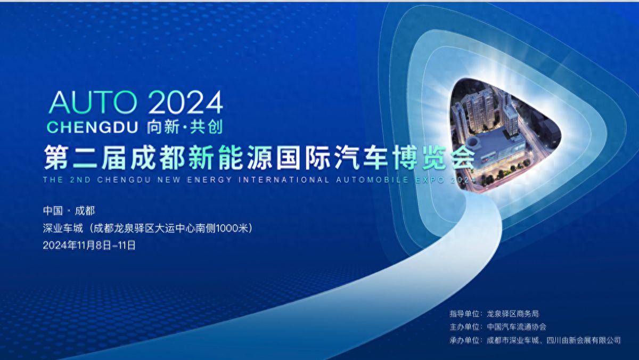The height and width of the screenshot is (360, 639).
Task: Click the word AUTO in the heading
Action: pyautogui.click(x=93, y=102)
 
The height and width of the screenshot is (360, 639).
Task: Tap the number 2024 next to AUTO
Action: pyautogui.click(x=185, y=102)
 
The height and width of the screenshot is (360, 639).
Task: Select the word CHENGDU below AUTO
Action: pyautogui.click(x=93, y=127)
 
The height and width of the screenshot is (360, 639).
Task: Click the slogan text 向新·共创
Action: pyautogui.click(x=185, y=127)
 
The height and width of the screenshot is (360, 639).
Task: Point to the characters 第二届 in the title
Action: pyautogui.click(x=85, y=158)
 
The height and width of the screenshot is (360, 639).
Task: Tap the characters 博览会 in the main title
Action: pyautogui.click(x=433, y=158)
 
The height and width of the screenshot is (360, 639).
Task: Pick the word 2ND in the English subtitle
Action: pyautogui.click(x=80, y=180)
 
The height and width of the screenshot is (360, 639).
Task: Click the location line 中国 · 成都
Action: pyautogui.click(x=69, y=211)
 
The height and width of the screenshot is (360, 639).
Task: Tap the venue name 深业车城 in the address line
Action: pyautogui.click(x=63, y=228)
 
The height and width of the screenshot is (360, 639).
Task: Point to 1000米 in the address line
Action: pyautogui.click(x=232, y=228)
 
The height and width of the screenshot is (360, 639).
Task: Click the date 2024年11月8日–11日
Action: pyautogui.click(x=89, y=246)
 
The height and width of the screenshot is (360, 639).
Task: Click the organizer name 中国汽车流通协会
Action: pyautogui.click(x=517, y=327)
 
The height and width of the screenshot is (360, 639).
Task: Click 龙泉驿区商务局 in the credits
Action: pyautogui.click(x=513, y=314)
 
